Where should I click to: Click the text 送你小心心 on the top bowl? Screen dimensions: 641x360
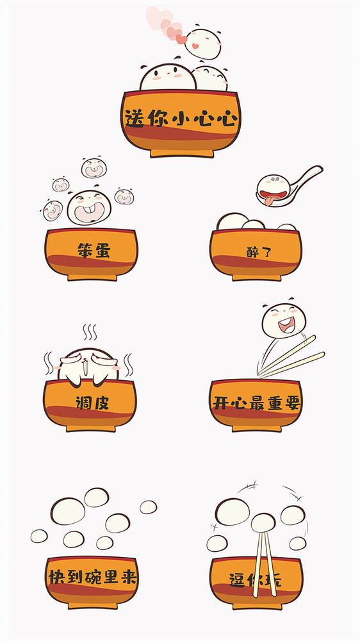181,119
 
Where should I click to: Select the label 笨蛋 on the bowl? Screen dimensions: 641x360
93,250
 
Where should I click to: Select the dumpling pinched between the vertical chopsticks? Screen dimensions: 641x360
263,523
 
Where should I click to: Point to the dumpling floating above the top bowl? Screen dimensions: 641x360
203,43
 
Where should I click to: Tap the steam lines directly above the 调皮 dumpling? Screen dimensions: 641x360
89,333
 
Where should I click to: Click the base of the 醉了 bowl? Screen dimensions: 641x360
256,277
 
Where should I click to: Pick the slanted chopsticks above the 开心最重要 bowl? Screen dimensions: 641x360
295,357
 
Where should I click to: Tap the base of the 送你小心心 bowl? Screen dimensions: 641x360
181,153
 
